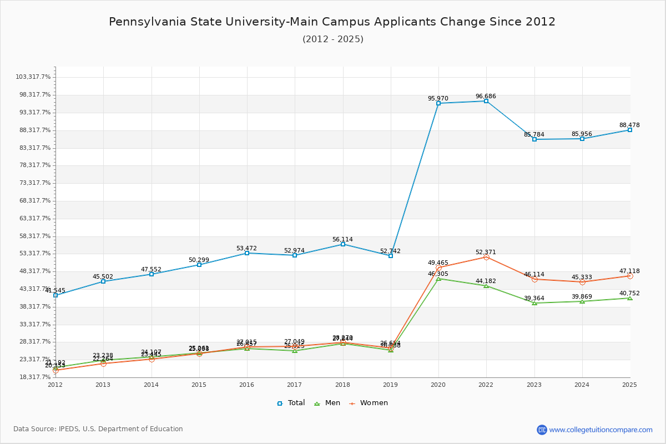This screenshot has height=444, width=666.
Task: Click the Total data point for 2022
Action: [486, 101]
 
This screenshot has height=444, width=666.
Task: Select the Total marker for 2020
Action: [438, 103]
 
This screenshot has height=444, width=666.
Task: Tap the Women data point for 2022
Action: [486, 257]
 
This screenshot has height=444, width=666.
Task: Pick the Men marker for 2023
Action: [534, 303]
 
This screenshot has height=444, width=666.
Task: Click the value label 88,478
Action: [629, 125]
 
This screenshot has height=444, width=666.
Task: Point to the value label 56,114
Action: [342, 239]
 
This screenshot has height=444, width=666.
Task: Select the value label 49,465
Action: [438, 263]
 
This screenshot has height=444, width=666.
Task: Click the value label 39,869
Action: [582, 296]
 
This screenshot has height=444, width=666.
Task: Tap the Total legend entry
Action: [291, 403]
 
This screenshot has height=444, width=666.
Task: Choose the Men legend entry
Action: [327, 403]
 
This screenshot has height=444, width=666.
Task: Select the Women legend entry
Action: [369, 403]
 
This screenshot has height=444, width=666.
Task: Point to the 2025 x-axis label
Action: [629, 384]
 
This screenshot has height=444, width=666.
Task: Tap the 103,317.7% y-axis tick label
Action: [33, 77]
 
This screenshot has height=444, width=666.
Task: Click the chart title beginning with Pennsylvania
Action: [332, 22]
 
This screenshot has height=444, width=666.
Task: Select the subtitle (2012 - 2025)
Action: [333, 39]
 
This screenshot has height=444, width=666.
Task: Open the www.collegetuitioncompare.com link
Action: [601, 430]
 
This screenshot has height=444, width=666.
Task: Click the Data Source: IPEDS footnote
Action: [98, 429]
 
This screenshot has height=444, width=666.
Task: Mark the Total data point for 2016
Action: [247, 253]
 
